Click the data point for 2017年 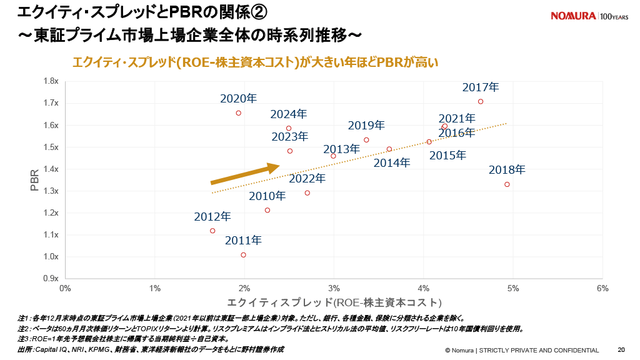click(481, 101)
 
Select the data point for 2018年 click(507, 184)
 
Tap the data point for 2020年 click(238, 113)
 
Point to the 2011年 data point click(243, 255)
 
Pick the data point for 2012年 click(212, 231)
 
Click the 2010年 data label click(267, 196)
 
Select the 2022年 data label click(307, 179)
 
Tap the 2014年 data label click(392, 163)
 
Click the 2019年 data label click(366, 126)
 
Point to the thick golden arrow click(244, 174)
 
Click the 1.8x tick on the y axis click(51, 81)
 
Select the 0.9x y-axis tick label click(51, 279)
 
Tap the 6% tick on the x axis click(602, 289)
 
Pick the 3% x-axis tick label click(334, 289)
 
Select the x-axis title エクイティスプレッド click(334, 302)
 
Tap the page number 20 click(621, 350)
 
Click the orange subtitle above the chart click(256, 62)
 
